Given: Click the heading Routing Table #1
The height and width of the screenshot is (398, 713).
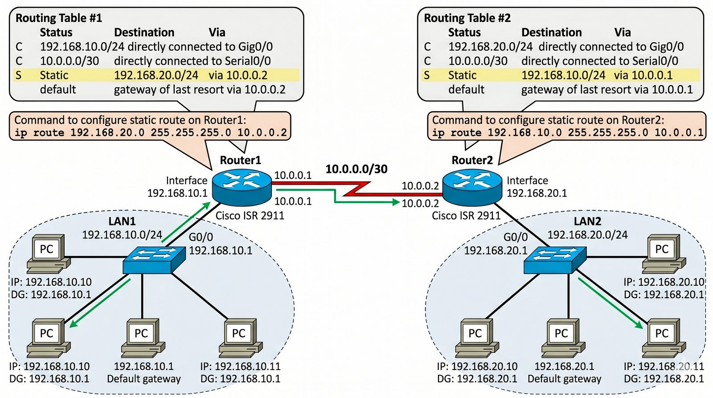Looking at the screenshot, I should (x=59, y=18).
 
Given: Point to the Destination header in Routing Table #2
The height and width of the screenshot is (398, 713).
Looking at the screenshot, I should (x=551, y=33).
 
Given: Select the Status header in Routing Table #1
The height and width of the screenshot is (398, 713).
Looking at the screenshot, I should (x=56, y=33).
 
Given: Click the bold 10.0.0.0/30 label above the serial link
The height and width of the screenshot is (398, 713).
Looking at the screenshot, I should (x=356, y=169).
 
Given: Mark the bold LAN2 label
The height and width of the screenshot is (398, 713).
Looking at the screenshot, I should (x=587, y=222).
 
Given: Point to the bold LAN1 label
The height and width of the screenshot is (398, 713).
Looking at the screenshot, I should (x=122, y=222).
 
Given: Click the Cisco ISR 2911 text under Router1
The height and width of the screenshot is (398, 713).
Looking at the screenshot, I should (x=250, y=216).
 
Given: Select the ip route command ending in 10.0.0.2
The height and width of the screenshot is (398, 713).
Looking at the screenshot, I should (x=151, y=132).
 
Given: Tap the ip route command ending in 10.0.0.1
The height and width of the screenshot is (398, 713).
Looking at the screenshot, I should (x=567, y=132).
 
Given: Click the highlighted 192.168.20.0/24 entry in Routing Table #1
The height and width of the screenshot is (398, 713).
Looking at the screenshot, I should (x=156, y=75).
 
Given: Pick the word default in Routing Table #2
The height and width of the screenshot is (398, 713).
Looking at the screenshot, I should (x=466, y=90).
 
